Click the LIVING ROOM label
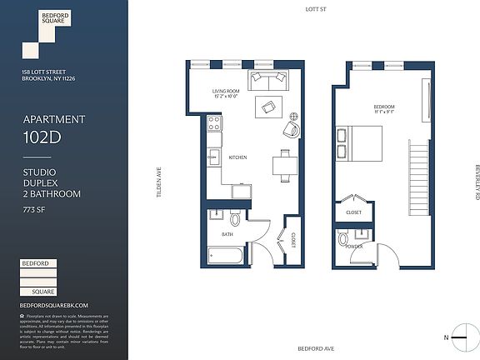(x=227, y=92)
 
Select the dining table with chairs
(x=284, y=162)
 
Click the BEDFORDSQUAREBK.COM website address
(x=54, y=305)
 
